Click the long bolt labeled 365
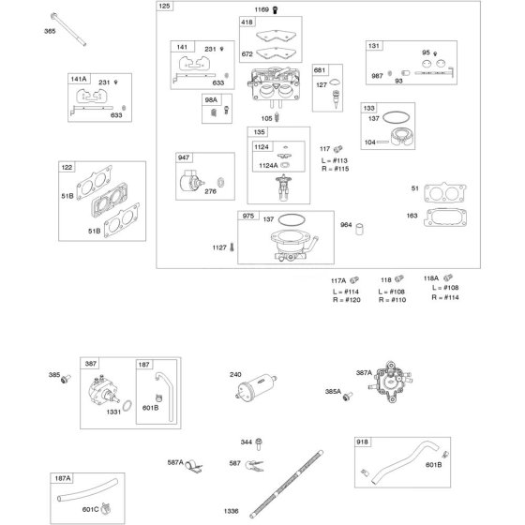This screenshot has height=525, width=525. (x=68, y=29)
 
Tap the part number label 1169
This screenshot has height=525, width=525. (x=262, y=9)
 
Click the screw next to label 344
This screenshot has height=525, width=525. (x=259, y=444)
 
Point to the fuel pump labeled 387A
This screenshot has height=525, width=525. (x=390, y=382)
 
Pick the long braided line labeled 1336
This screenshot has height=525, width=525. (x=287, y=484)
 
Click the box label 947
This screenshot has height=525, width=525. (x=184, y=157)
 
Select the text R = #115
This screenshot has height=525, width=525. (x=336, y=169)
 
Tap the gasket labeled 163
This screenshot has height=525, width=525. (x=445, y=217)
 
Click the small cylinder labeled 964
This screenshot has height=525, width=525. (x=359, y=229)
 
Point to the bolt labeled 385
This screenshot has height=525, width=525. (x=66, y=379)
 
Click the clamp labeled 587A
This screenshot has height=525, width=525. (x=193, y=466)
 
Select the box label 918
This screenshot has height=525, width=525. (x=362, y=442)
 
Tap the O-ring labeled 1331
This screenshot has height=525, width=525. (x=127, y=405)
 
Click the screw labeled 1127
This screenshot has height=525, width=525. (x=232, y=247)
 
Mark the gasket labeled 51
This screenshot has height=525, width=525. (x=444, y=192)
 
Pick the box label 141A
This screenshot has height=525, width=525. (x=79, y=79)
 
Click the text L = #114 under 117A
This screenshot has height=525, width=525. (x=346, y=292)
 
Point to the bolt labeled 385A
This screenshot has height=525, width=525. (x=348, y=397)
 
